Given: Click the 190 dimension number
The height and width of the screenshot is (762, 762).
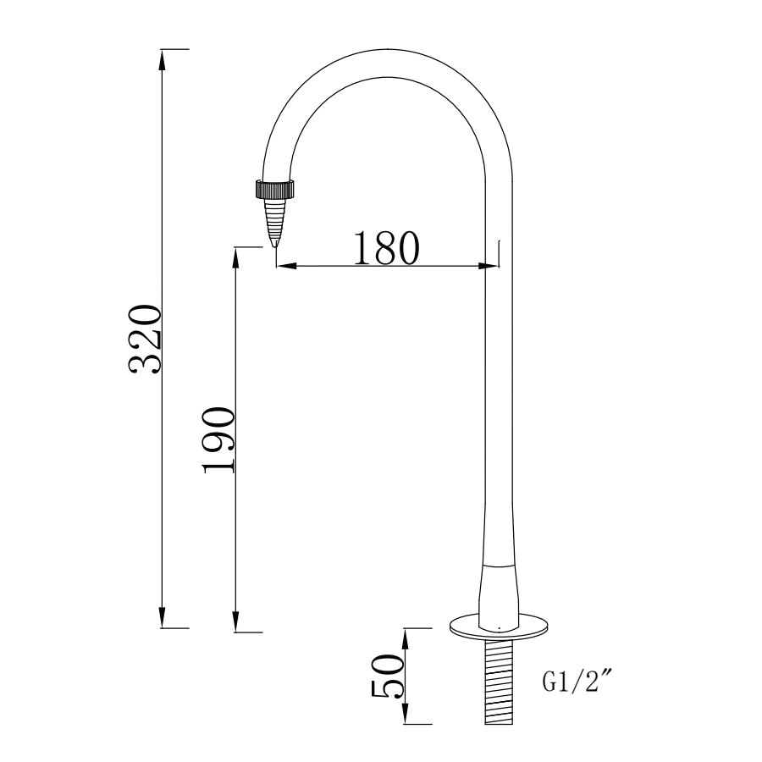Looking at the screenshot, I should pyautogui.click(x=219, y=440).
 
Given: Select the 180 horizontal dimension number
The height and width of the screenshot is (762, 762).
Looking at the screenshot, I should pyautogui.click(x=385, y=247).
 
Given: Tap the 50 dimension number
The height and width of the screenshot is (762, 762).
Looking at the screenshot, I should pyautogui.click(x=389, y=676).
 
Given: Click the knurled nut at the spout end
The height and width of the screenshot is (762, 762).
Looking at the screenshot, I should pyautogui.click(x=275, y=188).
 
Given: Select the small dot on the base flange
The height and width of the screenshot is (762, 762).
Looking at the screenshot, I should pyautogui.click(x=500, y=628).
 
